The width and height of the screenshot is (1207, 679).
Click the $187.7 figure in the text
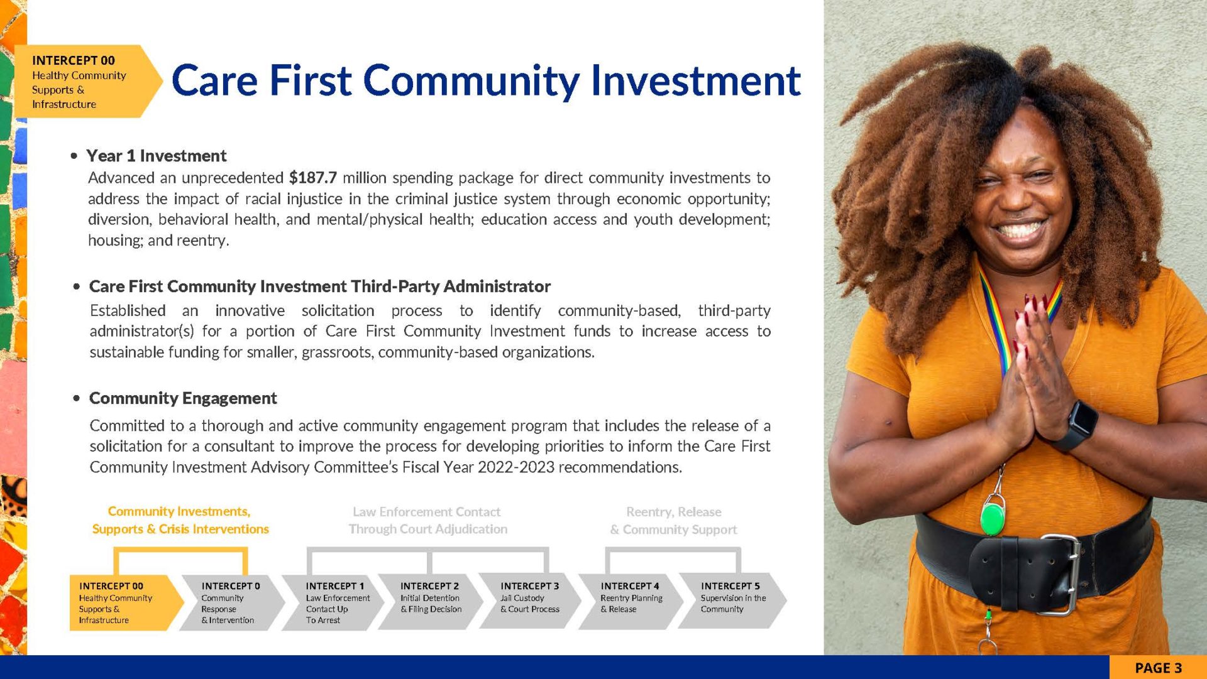click(x=312, y=178)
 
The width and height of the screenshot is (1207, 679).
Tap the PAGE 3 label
click(x=1158, y=668)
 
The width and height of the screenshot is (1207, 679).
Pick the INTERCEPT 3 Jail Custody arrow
click(x=530, y=602)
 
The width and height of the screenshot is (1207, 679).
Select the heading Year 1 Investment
click(x=157, y=156)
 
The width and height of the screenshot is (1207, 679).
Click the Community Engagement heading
click(x=183, y=398)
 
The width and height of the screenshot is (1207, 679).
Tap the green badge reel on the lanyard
click(x=993, y=518)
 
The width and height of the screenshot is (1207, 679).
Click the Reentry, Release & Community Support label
click(x=673, y=521)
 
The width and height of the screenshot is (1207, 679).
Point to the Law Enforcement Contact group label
click(x=427, y=521)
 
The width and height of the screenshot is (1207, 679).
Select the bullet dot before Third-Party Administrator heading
click(x=77, y=287)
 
